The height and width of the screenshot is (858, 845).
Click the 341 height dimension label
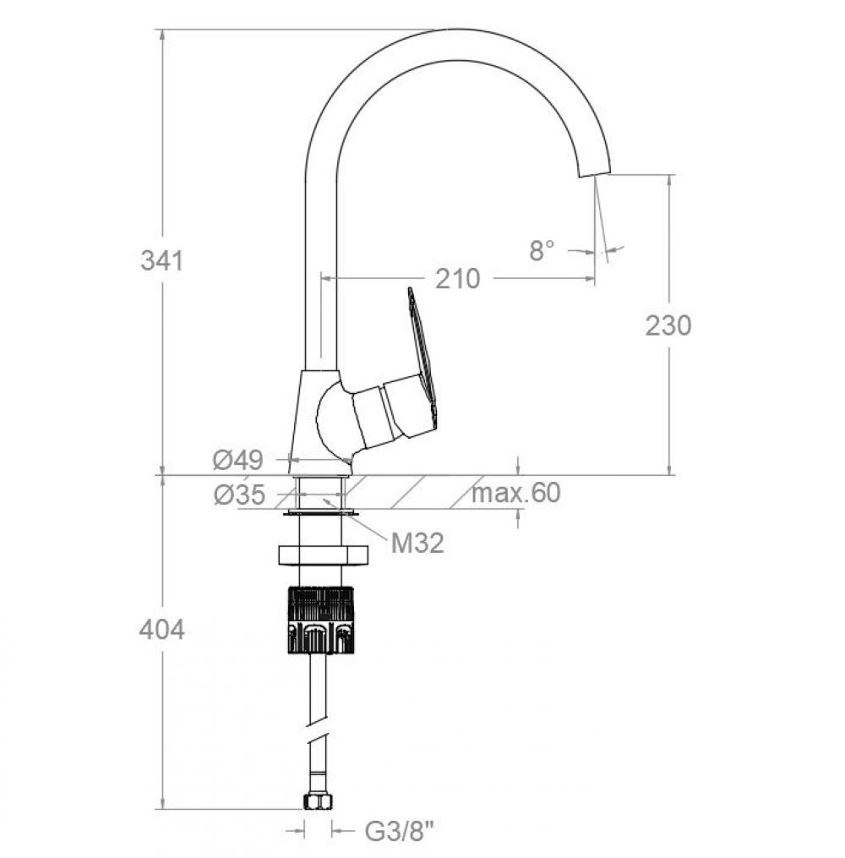162,260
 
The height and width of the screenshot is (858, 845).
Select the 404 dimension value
162,631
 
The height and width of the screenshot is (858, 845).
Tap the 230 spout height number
668,325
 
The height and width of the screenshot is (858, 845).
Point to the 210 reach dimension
458,279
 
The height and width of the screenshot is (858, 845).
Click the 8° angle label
542,250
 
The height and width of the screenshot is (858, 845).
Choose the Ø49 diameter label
238,460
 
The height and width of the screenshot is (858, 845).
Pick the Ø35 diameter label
239,495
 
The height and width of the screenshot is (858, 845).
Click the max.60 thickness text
515,493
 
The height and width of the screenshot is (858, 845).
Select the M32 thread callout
417,544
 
